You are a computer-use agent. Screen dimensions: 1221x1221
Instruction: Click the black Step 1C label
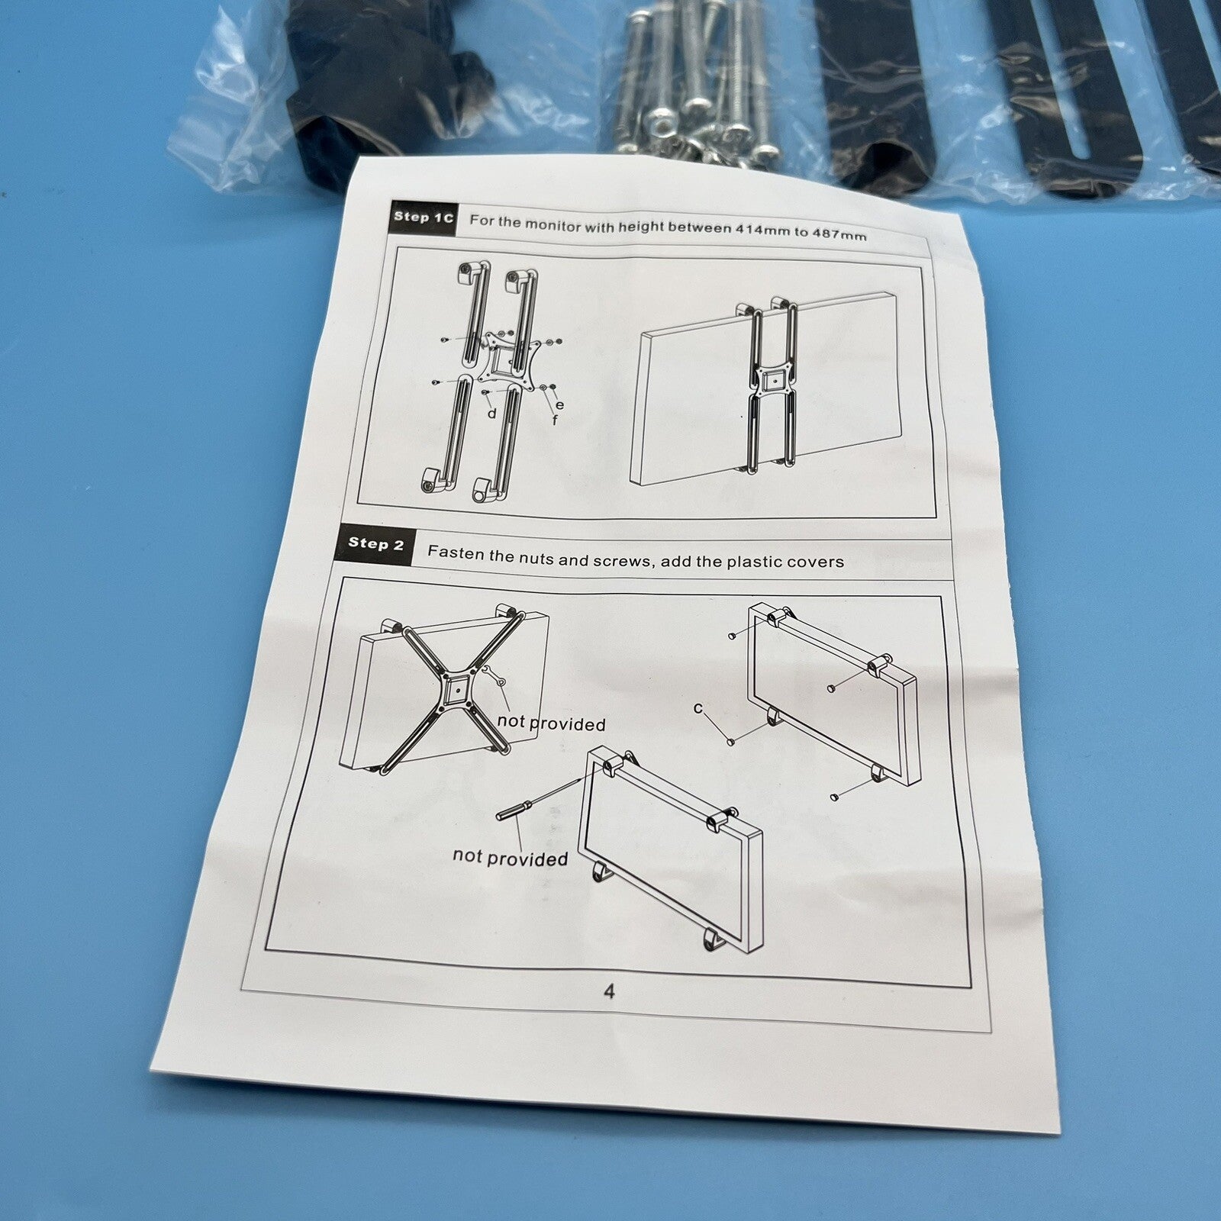click(423, 217)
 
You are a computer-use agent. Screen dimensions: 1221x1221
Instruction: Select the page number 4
click(609, 991)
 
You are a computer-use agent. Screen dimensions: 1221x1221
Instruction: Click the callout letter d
click(492, 413)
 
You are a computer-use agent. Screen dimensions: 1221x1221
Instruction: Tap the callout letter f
click(555, 419)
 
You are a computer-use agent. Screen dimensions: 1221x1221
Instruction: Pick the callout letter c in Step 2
click(698, 708)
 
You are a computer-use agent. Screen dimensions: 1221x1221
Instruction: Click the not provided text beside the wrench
click(551, 722)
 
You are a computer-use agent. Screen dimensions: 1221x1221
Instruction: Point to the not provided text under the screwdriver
click(510, 857)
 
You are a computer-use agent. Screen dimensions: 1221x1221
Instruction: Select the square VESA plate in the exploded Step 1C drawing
click(501, 359)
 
